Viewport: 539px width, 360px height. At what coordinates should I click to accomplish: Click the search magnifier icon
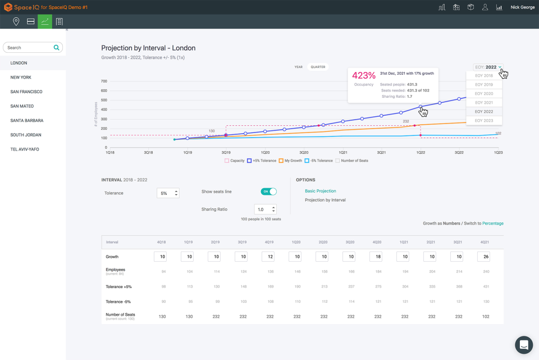click(56, 48)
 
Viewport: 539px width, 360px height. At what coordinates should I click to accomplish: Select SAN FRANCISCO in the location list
click(26, 92)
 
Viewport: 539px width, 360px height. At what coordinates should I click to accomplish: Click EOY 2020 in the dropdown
click(483, 94)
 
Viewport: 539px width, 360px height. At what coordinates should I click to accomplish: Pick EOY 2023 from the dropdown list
click(483, 121)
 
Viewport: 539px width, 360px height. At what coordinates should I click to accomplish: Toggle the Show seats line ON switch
click(269, 192)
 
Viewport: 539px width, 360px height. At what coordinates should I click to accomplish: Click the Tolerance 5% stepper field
click(168, 193)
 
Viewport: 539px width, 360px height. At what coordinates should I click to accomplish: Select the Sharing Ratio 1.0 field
click(265, 209)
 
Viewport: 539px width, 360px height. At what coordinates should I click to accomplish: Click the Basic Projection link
click(320, 191)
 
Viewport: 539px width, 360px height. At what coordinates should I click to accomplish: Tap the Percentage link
click(492, 224)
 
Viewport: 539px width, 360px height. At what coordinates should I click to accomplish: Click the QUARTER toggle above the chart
click(318, 67)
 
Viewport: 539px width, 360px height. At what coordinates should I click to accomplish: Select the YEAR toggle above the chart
click(299, 67)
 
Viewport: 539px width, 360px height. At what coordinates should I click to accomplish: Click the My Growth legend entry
click(290, 161)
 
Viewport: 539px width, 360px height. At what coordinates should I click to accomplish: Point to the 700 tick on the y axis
click(104, 81)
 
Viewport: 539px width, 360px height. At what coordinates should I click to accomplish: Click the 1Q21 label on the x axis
click(342, 152)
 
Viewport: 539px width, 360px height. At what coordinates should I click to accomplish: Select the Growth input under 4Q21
click(483, 257)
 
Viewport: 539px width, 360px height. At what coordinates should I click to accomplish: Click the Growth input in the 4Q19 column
click(268, 257)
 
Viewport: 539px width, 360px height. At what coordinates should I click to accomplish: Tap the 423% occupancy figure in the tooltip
click(363, 75)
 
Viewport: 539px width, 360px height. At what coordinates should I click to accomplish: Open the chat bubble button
click(523, 345)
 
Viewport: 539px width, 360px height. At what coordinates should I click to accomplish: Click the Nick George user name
click(522, 7)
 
